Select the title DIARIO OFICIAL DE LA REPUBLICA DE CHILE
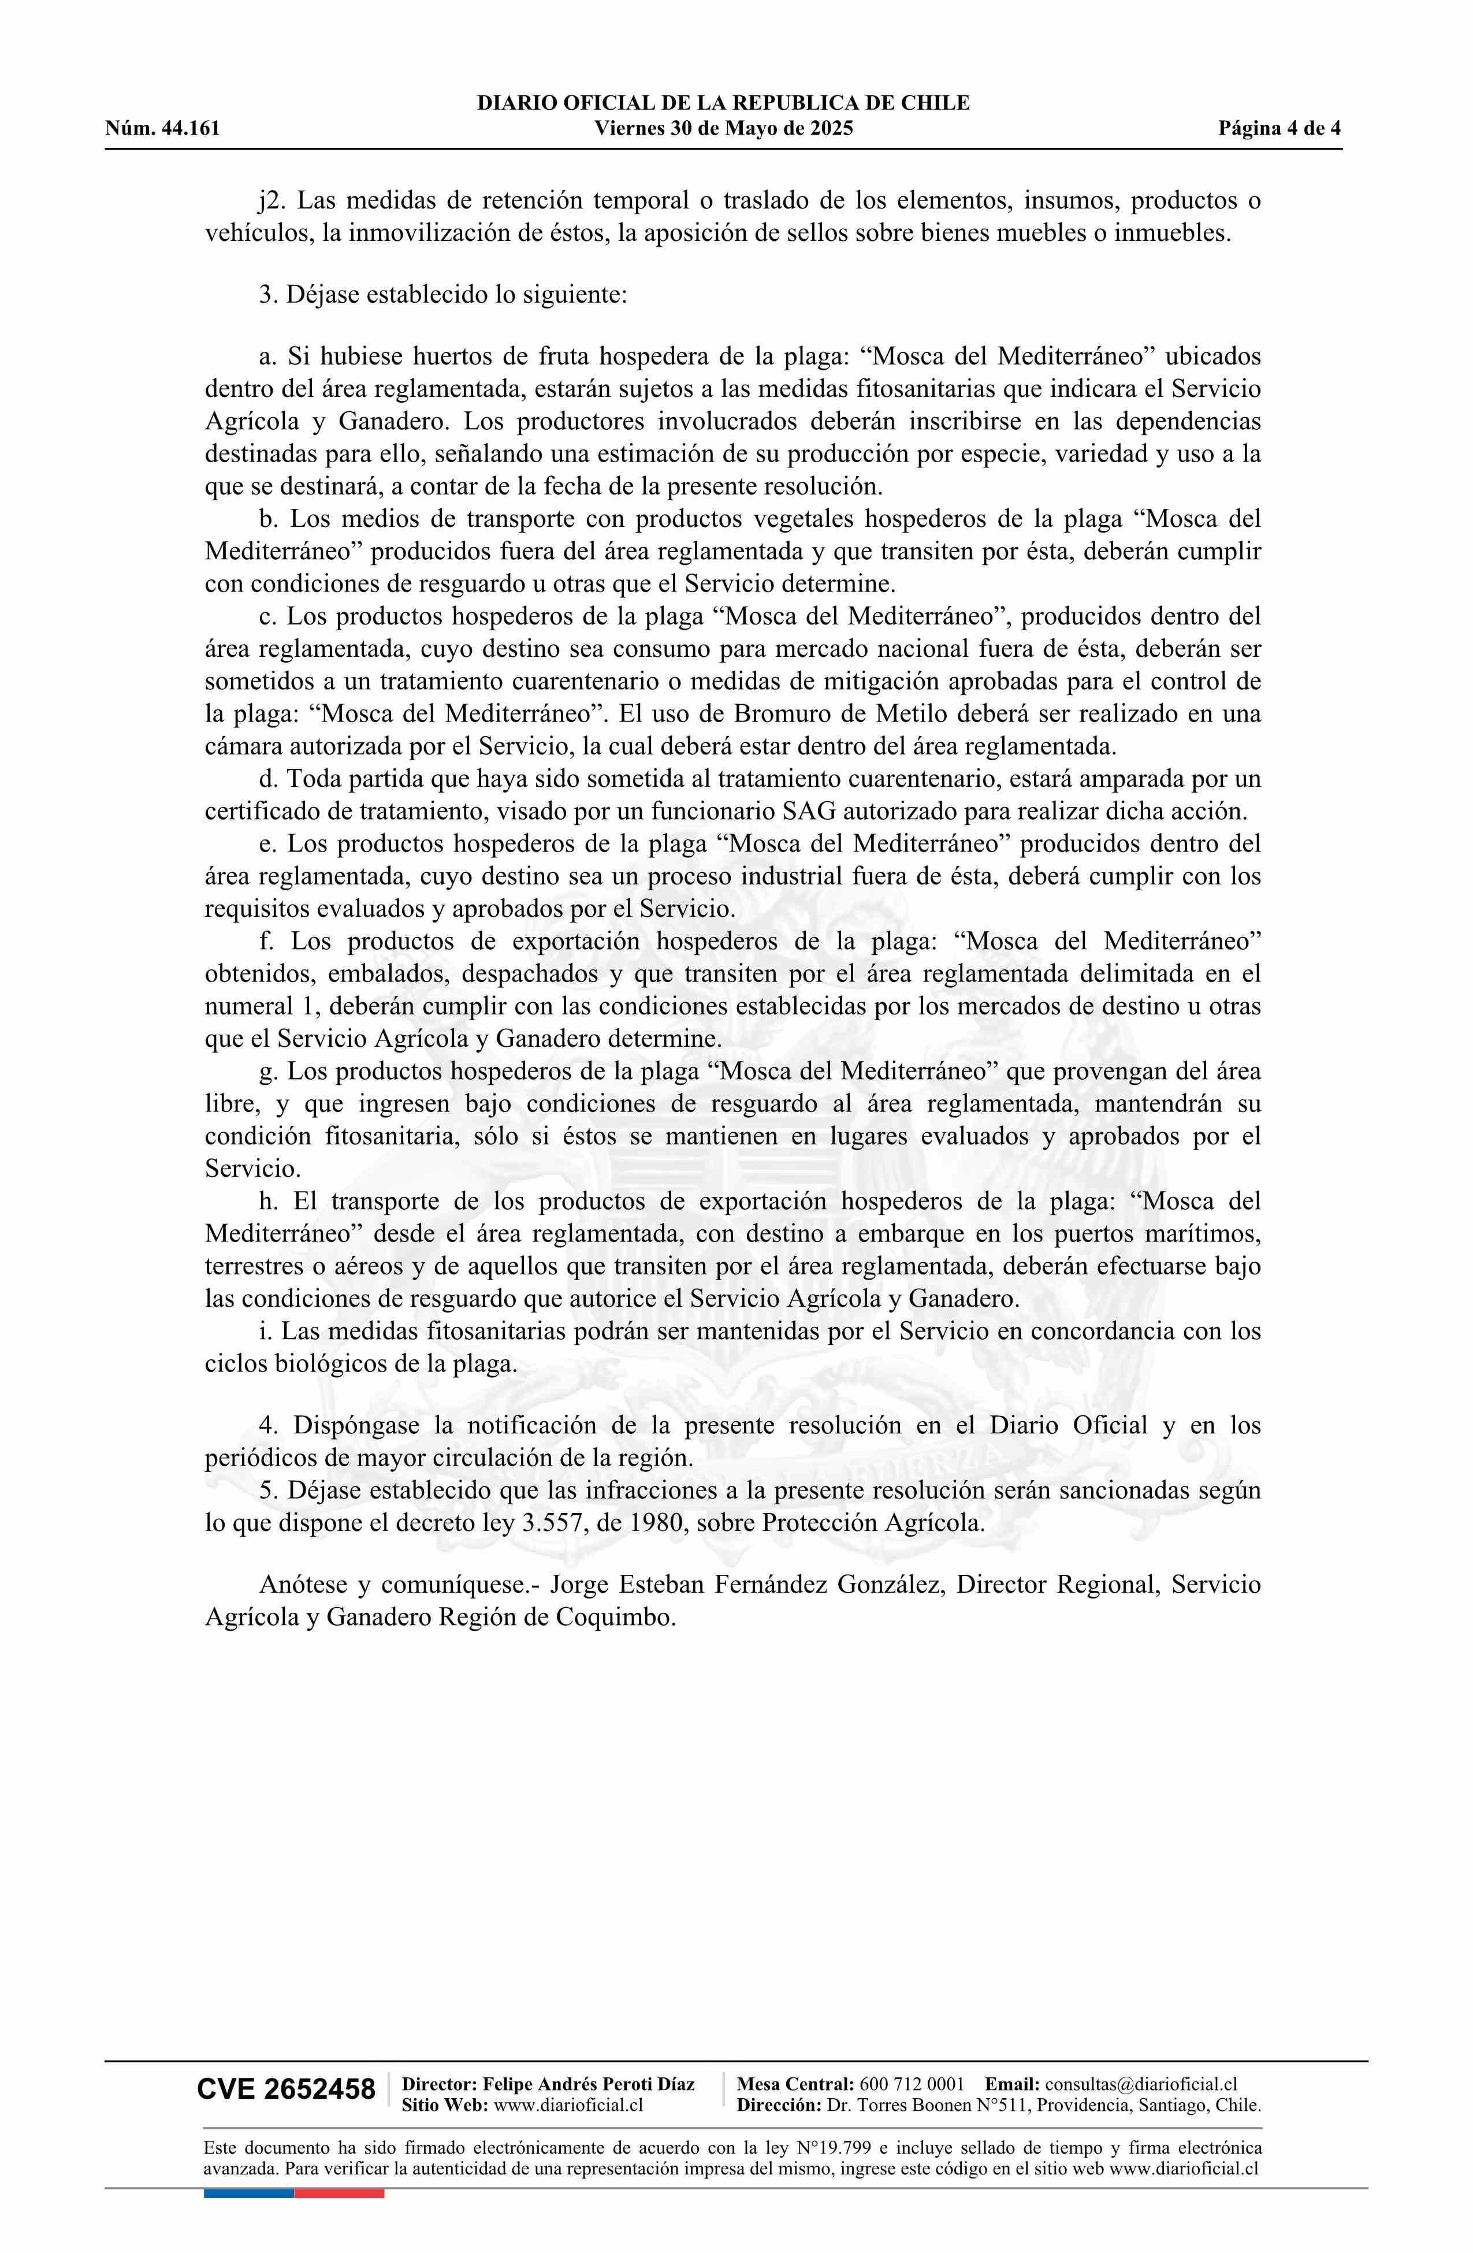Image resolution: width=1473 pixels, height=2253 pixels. [723, 103]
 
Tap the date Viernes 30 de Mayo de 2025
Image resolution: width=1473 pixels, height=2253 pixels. [723, 129]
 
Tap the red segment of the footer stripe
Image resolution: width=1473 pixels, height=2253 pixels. [339, 2193]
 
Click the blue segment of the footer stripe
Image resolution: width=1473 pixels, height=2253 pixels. [248, 2193]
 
